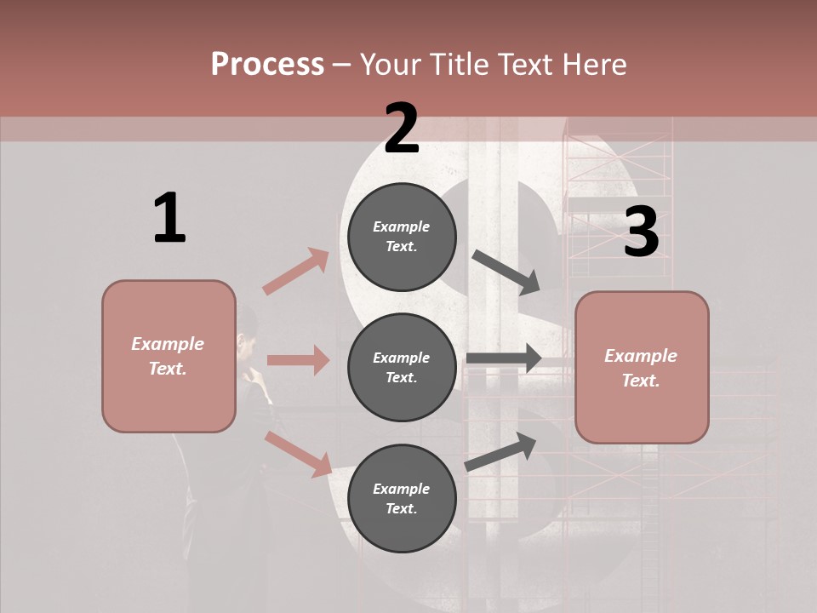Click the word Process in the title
click(267, 65)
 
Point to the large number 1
click(169, 219)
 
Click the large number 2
click(402, 129)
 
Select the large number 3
click(641, 232)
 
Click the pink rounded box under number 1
click(169, 356)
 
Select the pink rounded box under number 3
click(642, 368)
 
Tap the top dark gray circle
click(402, 237)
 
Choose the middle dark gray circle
click(402, 368)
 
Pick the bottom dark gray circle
click(402, 499)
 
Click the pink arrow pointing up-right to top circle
click(296, 272)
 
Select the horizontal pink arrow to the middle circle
click(298, 360)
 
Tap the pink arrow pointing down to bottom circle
click(298, 453)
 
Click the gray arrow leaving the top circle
click(506, 272)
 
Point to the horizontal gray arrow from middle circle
click(504, 358)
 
